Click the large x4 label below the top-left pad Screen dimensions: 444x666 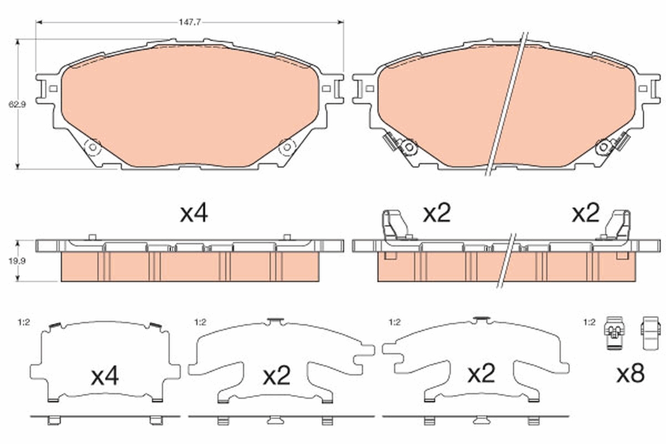(194, 214)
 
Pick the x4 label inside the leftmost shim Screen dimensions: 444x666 (105, 377)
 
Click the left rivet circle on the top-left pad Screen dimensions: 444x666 (93, 147)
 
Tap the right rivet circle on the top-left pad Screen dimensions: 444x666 (287, 147)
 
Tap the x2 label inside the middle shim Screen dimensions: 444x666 (277, 377)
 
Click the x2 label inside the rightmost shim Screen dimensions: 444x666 (481, 375)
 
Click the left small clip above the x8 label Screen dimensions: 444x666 (614, 334)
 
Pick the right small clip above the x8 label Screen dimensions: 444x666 (649, 334)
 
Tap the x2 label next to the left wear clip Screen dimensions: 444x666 (437, 214)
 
